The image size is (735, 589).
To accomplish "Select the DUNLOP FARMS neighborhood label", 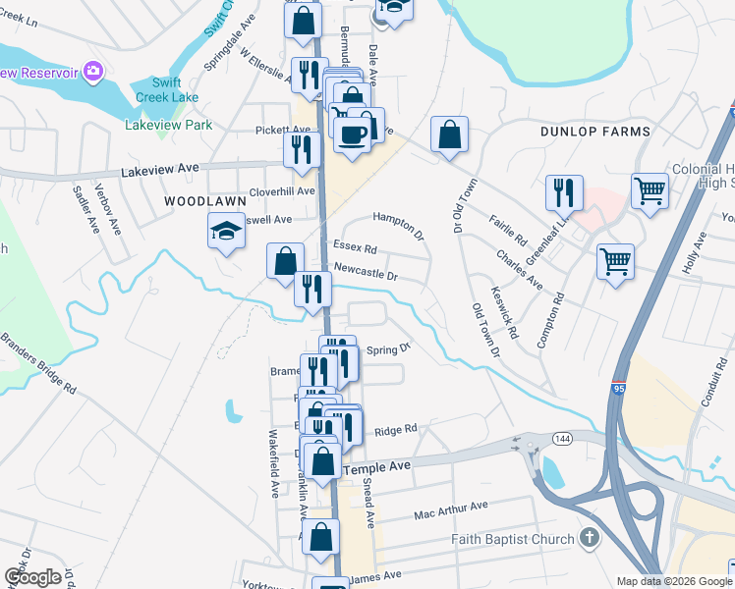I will [x=595, y=132].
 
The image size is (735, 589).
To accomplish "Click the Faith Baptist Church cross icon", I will [x=588, y=538].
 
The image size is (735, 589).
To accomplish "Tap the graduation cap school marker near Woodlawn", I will [x=226, y=233].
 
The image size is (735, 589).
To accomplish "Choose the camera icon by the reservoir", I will [x=93, y=71].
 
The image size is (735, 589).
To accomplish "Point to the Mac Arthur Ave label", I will [x=450, y=509].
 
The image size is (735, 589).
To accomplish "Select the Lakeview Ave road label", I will [x=156, y=171].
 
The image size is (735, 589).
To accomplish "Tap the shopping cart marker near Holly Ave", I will [x=615, y=261].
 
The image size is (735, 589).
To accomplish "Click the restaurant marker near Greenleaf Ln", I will [x=564, y=192].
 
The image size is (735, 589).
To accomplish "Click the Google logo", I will [x=31, y=577].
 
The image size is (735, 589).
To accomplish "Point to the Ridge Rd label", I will [x=396, y=428].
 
